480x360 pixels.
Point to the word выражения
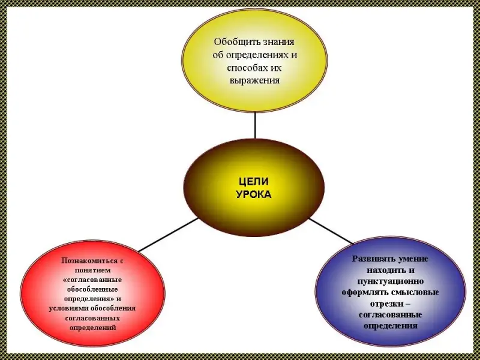(x=255, y=80)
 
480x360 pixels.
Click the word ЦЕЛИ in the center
(x=254, y=181)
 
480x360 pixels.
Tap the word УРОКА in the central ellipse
(x=254, y=194)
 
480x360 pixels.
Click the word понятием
(x=92, y=271)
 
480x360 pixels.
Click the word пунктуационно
(x=390, y=281)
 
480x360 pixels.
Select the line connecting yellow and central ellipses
(x=256, y=125)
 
